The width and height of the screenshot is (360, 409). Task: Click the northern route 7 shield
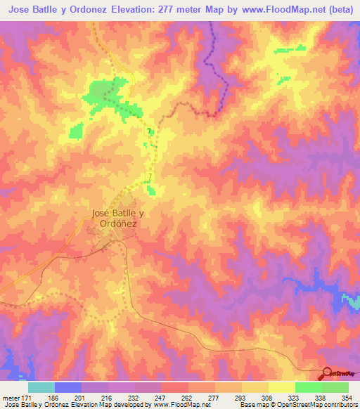[x=149, y=131]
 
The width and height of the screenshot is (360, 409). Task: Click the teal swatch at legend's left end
[x=41, y=387]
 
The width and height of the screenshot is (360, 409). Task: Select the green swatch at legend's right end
[x=335, y=387]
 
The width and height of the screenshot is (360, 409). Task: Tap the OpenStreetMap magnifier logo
[x=327, y=372]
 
